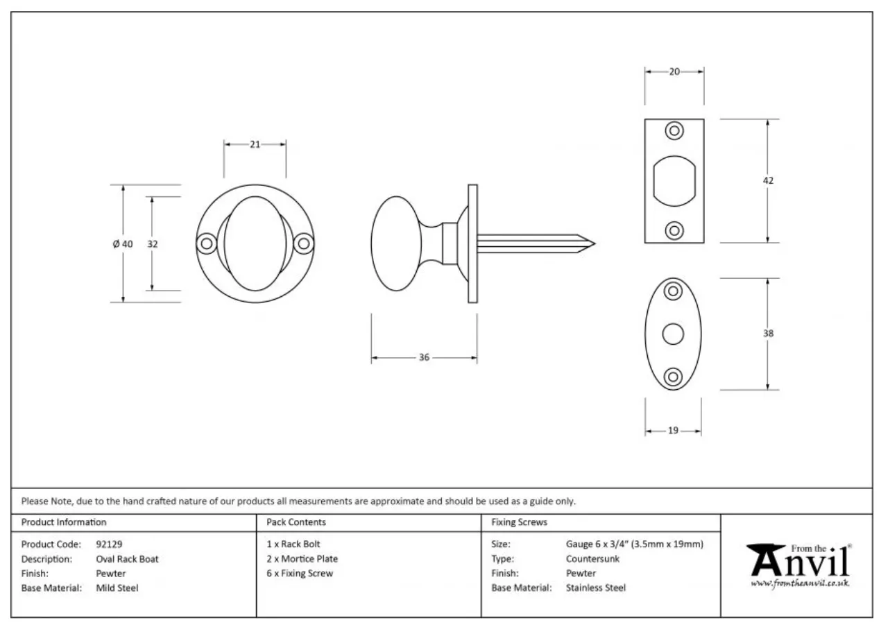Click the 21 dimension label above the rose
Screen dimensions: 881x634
click(x=255, y=144)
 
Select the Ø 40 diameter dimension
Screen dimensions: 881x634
click(x=123, y=244)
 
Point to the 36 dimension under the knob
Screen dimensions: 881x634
click(x=424, y=357)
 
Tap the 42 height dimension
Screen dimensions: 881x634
click(x=768, y=180)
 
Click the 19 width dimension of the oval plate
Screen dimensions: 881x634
click(x=673, y=431)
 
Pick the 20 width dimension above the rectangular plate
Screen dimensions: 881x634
click(x=674, y=71)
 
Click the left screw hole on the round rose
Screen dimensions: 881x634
click(x=207, y=244)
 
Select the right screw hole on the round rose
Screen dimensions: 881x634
click(x=304, y=244)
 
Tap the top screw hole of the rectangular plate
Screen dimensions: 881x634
click(x=674, y=130)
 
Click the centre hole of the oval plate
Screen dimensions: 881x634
click(x=673, y=334)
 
